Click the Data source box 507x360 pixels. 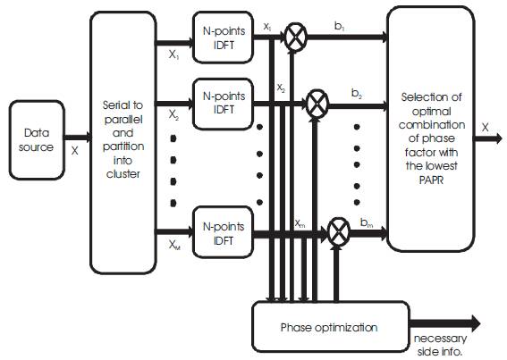coord(37,140)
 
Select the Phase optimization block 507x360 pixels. coord(331,326)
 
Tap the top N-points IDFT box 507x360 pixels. coord(223,38)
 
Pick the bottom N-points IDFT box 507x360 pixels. coord(223,232)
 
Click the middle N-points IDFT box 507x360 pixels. coord(223,104)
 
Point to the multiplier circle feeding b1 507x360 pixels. coord(296,37)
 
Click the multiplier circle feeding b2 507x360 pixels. coord(317,104)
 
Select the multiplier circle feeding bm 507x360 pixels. coord(339,232)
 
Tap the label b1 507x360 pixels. coord(339,27)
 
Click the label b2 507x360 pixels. coord(356,94)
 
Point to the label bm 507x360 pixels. coord(367,222)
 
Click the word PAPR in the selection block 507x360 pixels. coord(431,180)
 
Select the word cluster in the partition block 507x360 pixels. coord(123,174)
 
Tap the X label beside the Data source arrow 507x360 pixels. coord(75,151)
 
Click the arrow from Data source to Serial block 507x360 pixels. coord(78,138)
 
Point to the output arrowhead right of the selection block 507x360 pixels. coord(497,138)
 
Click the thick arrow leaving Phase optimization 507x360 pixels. coord(445,323)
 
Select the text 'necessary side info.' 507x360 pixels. coord(441,345)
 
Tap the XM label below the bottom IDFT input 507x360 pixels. coord(174,246)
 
